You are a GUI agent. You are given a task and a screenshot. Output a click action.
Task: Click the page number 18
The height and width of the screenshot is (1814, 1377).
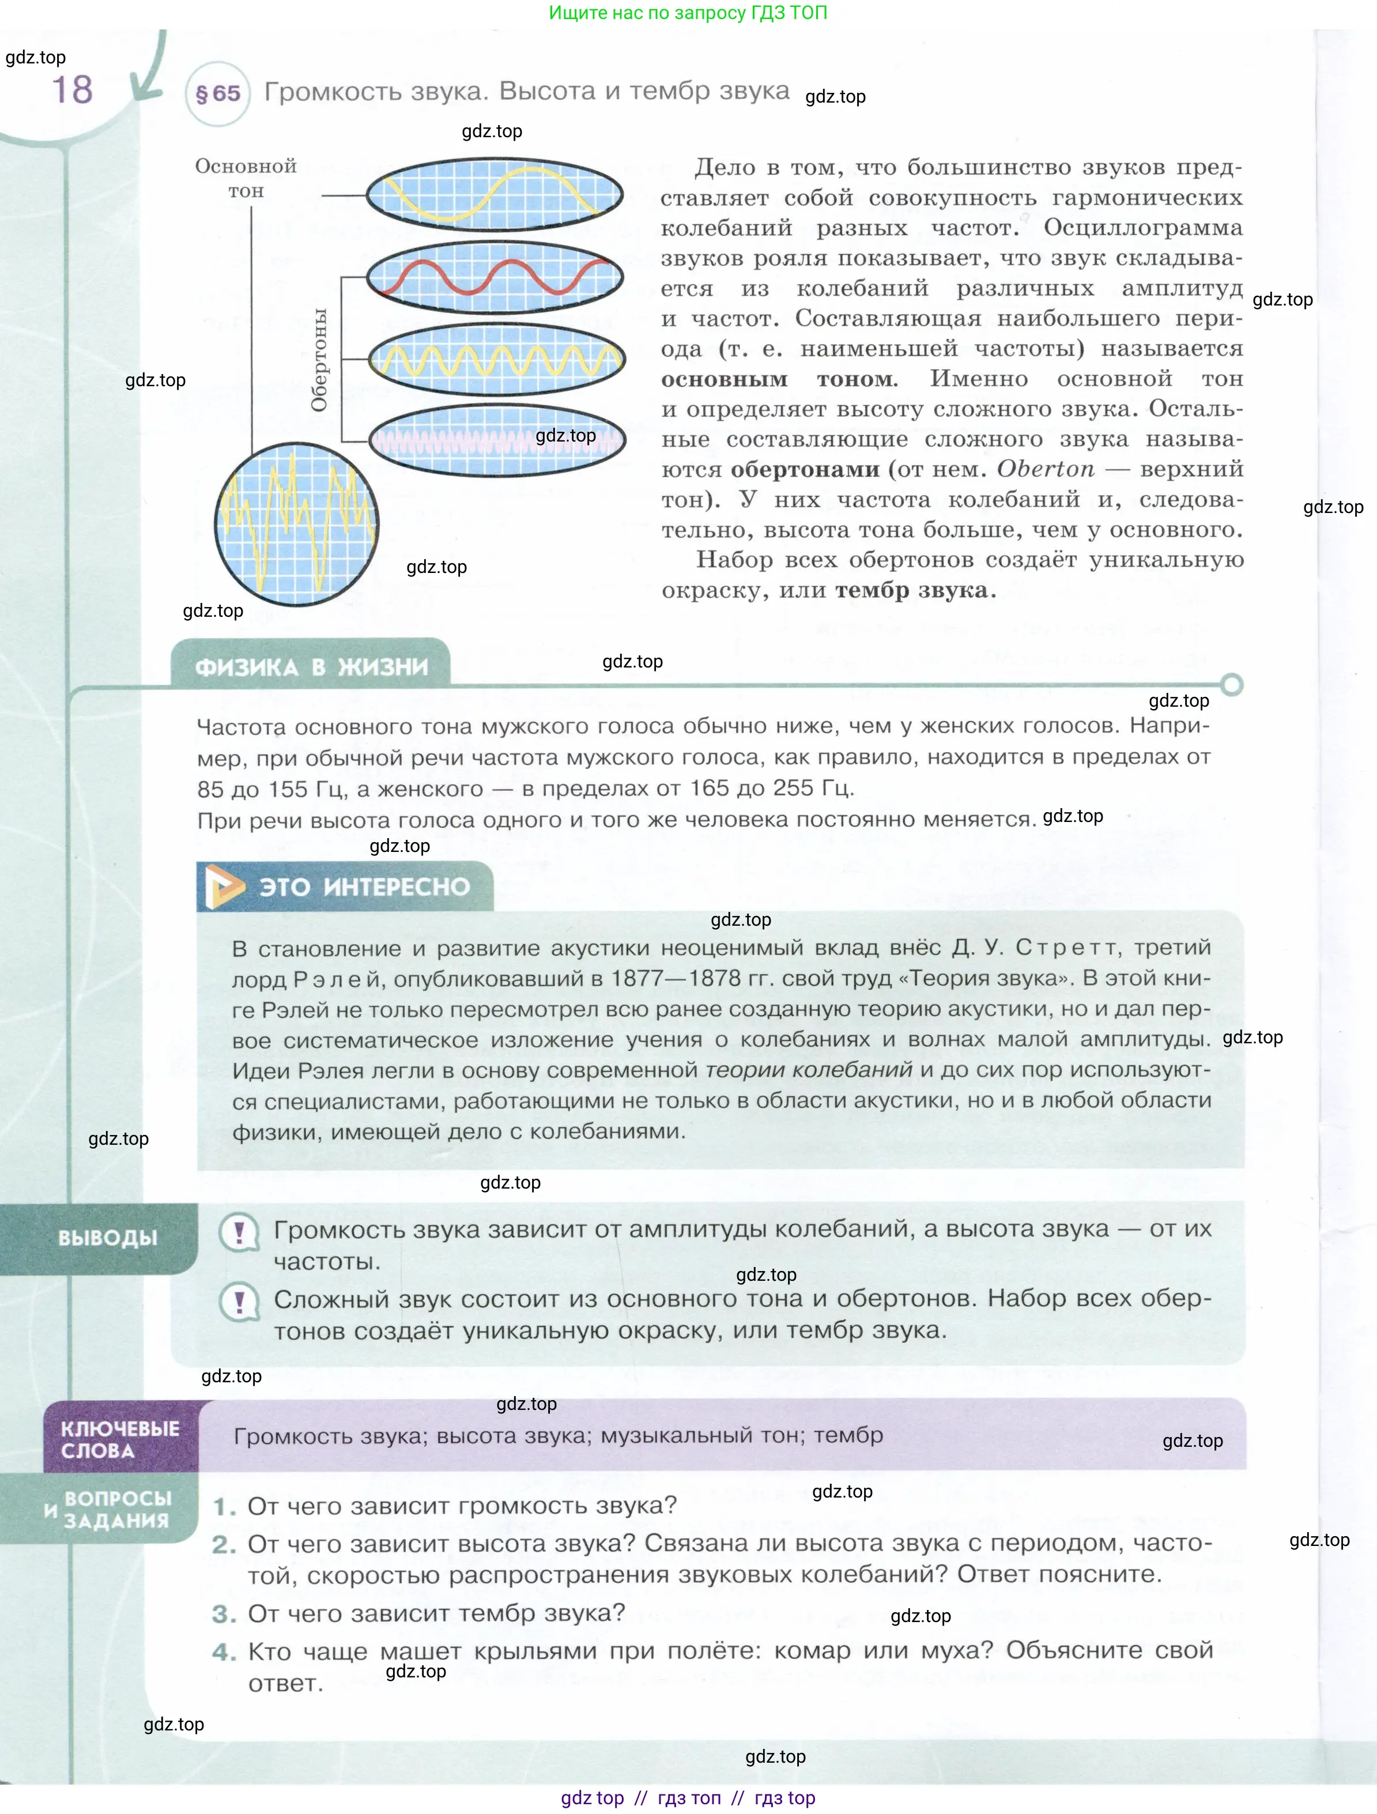tap(72, 89)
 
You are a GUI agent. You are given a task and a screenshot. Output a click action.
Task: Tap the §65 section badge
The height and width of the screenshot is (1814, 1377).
tap(217, 93)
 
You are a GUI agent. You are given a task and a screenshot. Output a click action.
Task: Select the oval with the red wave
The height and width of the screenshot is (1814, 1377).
tap(495, 277)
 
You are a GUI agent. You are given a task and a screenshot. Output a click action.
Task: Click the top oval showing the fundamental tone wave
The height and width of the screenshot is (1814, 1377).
tap(494, 195)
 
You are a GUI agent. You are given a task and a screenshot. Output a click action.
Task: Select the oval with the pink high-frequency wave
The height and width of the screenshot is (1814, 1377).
tap(497, 440)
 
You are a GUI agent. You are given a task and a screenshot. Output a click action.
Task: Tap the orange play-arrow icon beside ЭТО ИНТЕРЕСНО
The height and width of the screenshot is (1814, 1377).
tap(223, 887)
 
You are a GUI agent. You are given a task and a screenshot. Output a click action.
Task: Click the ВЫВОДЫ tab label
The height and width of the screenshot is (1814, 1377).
tap(107, 1238)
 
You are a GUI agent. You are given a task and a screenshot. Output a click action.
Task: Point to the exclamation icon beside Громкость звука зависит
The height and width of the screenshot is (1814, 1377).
tap(239, 1232)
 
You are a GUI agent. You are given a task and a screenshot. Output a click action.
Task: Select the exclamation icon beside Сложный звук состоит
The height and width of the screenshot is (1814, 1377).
tap(239, 1302)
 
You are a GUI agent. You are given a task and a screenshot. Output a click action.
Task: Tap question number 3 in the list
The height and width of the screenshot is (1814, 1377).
tap(223, 1614)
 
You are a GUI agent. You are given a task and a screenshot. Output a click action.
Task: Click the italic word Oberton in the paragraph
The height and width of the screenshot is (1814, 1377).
tap(1045, 469)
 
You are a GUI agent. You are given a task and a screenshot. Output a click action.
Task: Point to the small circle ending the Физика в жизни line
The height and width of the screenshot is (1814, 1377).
tap(1231, 684)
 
